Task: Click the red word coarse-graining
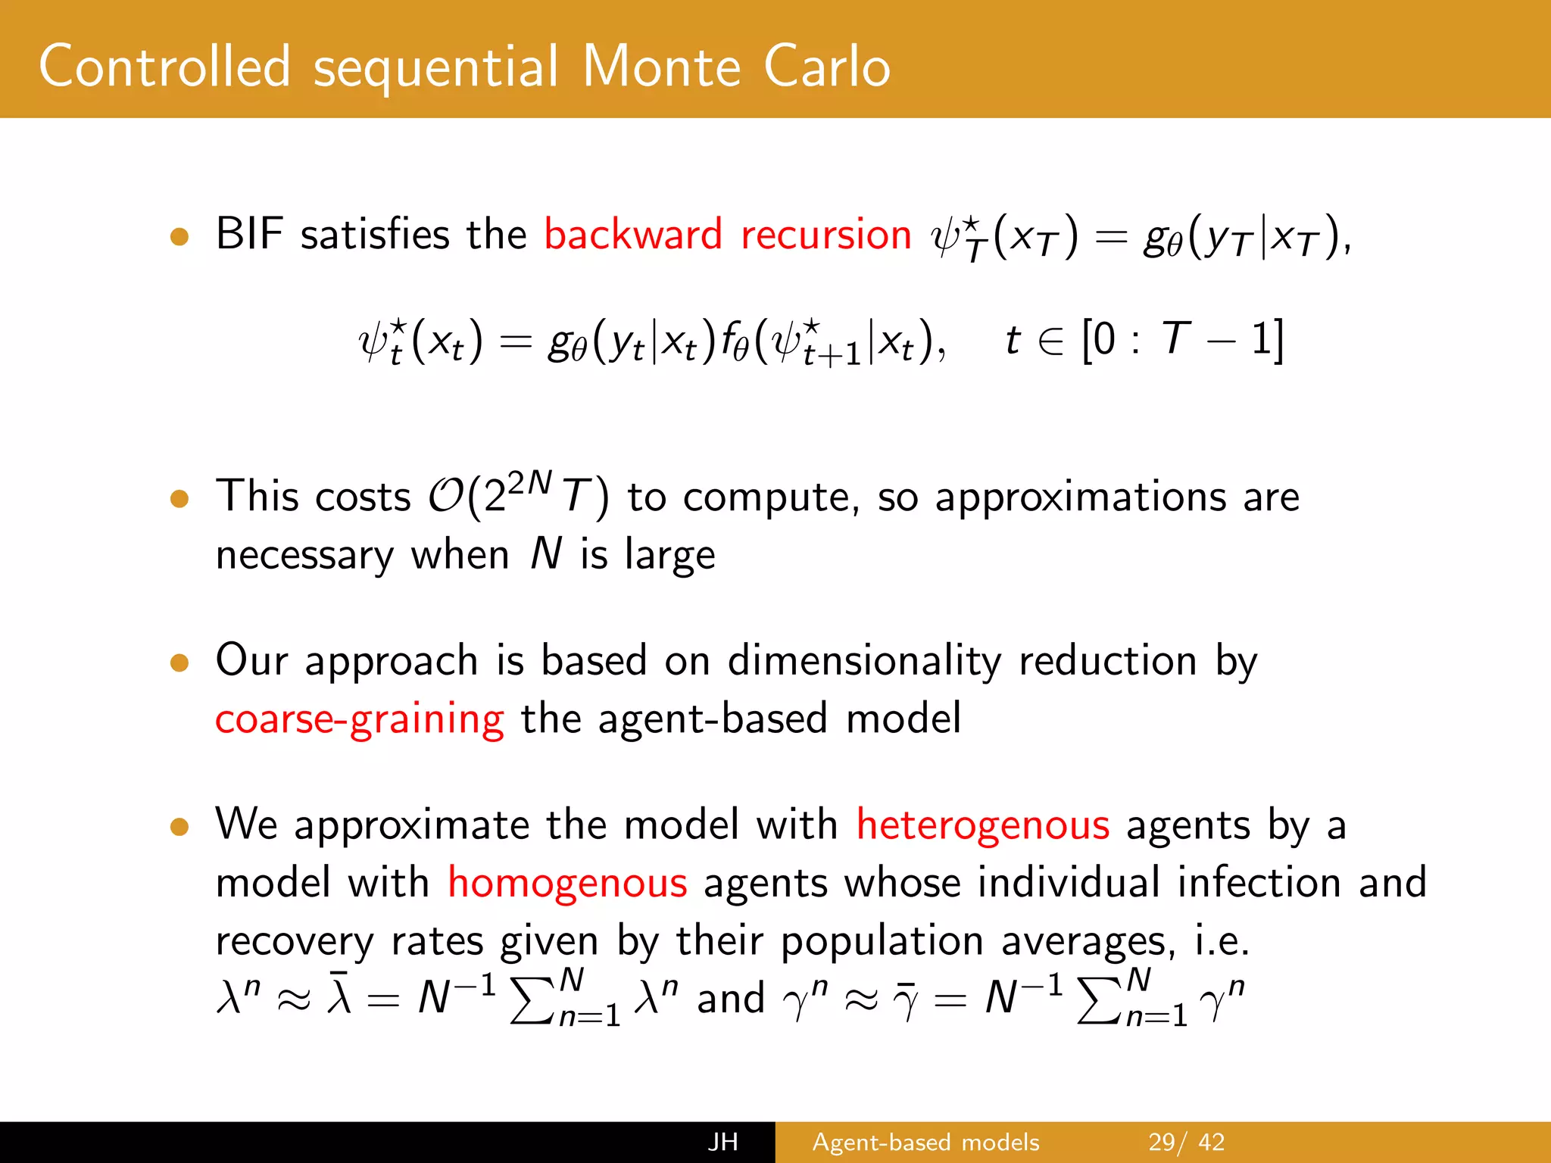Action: pos(359,719)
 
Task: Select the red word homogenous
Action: pos(567,882)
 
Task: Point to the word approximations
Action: pos(1080,497)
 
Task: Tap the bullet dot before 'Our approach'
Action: pos(179,663)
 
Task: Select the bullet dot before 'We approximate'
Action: pos(179,826)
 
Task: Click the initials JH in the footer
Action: pos(722,1142)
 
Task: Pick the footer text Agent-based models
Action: pos(925,1142)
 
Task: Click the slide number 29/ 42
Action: pos(1186,1142)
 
